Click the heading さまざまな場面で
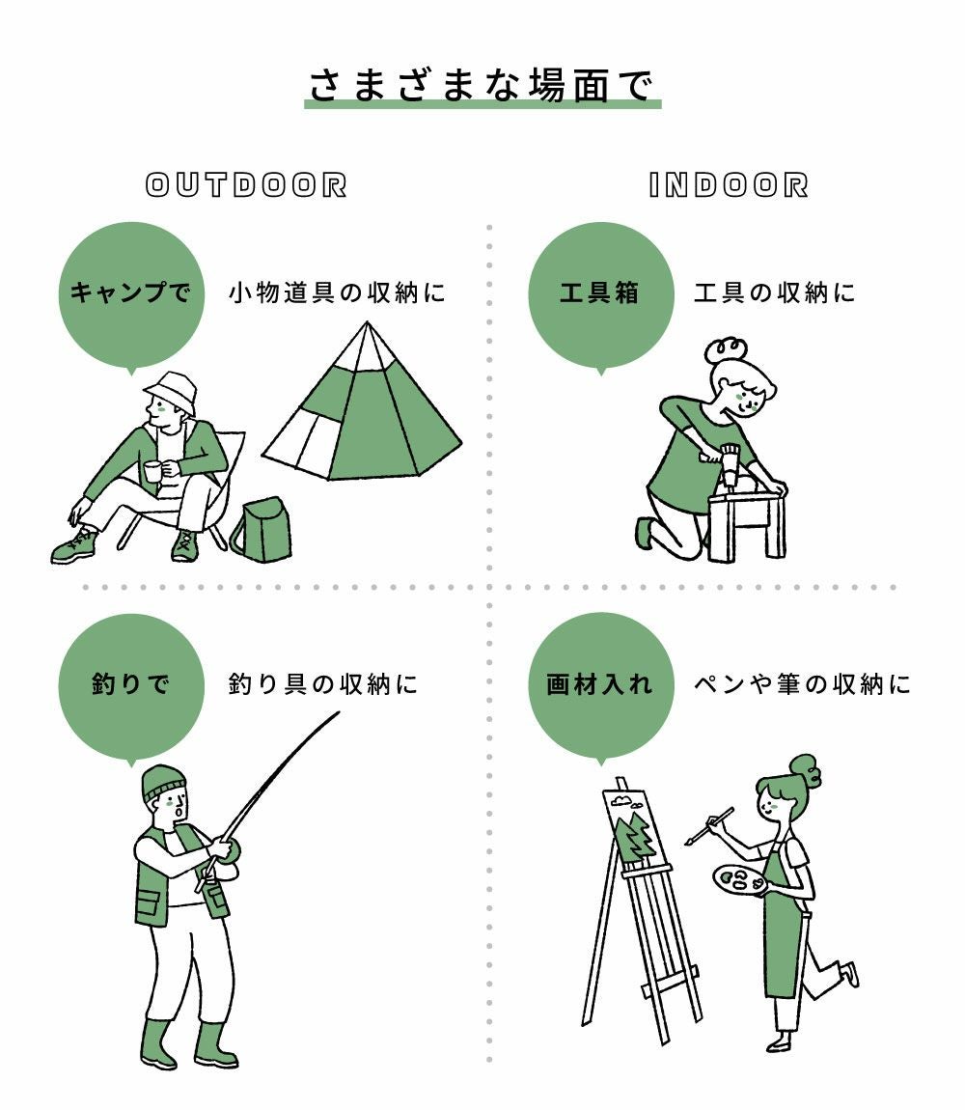482,86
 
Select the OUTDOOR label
246,185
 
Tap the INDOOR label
729,185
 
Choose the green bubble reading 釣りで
131,686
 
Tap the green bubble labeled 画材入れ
600,686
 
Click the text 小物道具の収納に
337,292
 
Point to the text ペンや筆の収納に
802,684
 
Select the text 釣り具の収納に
323,684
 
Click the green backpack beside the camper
261,530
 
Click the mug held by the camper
152,471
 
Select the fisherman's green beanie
163,782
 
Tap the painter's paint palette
737,881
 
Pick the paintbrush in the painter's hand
709,825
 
